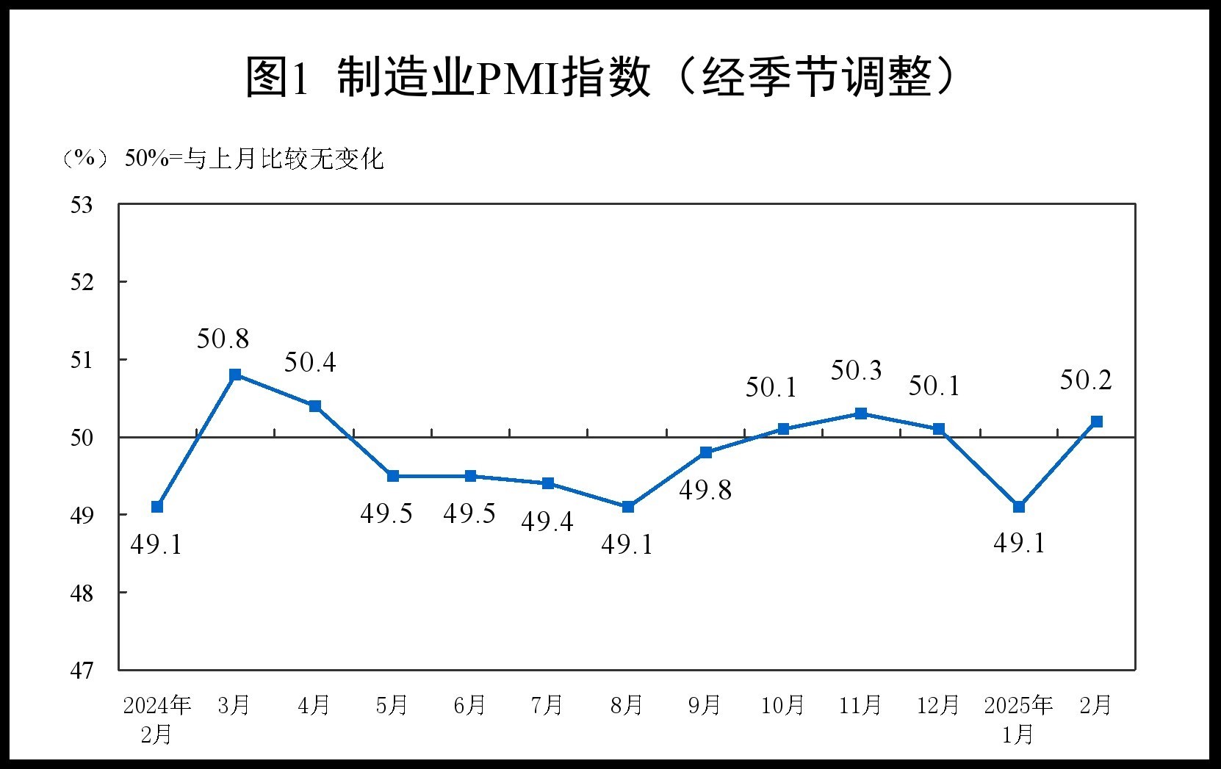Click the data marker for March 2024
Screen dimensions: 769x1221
pyautogui.click(x=235, y=375)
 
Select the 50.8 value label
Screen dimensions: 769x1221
pyautogui.click(x=223, y=339)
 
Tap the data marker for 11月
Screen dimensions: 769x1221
pyautogui.click(x=861, y=414)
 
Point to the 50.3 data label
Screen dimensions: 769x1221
pyautogui.click(x=856, y=371)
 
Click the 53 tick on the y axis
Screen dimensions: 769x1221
pyautogui.click(x=82, y=205)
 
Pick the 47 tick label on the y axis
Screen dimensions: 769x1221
pyautogui.click(x=82, y=671)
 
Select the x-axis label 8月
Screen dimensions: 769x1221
pyautogui.click(x=626, y=706)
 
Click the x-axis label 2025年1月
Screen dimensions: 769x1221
pyautogui.click(x=1018, y=719)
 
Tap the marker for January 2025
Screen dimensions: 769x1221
pyautogui.click(x=1018, y=507)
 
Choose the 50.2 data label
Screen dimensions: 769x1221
pyautogui.click(x=1086, y=380)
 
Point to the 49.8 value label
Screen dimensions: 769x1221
pyautogui.click(x=705, y=490)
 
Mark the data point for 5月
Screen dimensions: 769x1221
pyautogui.click(x=393, y=476)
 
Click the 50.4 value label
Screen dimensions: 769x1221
pyautogui.click(x=310, y=362)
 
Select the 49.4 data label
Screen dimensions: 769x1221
pyautogui.click(x=547, y=521)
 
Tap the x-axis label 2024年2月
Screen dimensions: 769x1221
pyautogui.click(x=156, y=719)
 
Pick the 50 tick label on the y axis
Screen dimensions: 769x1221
pyautogui.click(x=82, y=438)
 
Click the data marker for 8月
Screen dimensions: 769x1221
pyautogui.click(x=627, y=507)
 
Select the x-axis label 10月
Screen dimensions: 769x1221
pyautogui.click(x=782, y=706)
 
